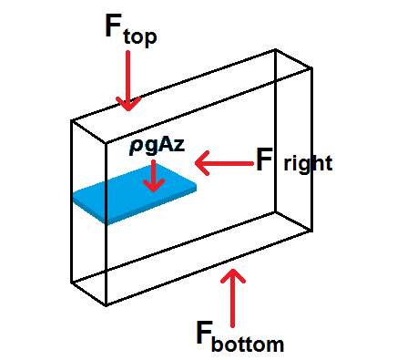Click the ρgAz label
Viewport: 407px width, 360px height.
click(156, 148)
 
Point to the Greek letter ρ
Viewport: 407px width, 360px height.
click(134, 149)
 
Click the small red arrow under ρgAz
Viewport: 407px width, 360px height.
click(154, 175)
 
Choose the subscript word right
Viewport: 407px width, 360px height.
click(309, 166)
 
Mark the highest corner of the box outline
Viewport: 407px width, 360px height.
click(275, 48)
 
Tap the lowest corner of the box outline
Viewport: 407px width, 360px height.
click(107, 305)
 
